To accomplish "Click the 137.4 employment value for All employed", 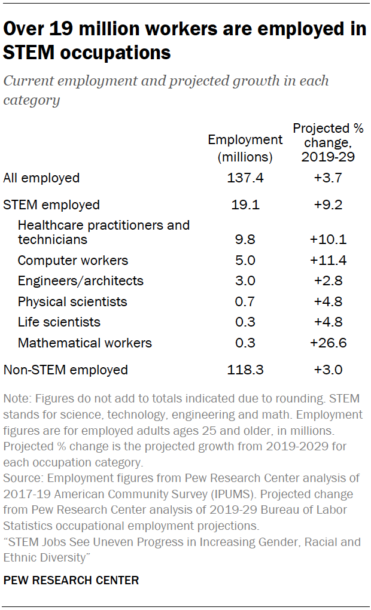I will tap(245, 178).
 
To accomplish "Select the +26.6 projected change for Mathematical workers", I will tap(328, 343).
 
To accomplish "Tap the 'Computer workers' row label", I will tap(72, 261).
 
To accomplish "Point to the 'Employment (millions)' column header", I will tap(245, 149).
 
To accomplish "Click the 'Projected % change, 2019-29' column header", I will tap(328, 143).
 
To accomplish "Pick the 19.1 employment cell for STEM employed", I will tap(245, 205).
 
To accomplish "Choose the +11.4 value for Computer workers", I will tap(328, 261).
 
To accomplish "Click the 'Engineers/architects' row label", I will tap(80, 281).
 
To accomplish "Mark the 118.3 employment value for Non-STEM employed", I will tap(245, 370).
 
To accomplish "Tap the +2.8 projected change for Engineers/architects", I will tap(328, 281).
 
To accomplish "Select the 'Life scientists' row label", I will tap(59, 322).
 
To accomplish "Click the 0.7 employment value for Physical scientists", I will tap(245, 301).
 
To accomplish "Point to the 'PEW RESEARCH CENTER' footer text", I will tap(71, 580).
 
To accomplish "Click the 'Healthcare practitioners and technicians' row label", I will tap(103, 232).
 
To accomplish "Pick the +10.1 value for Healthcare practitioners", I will tap(328, 240).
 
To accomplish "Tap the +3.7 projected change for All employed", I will tap(328, 178).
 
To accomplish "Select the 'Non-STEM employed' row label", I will tap(66, 370).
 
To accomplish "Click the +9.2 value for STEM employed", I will tap(328, 205).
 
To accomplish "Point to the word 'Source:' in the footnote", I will tap(22, 478).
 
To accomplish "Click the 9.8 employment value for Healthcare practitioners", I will tap(245, 240).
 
